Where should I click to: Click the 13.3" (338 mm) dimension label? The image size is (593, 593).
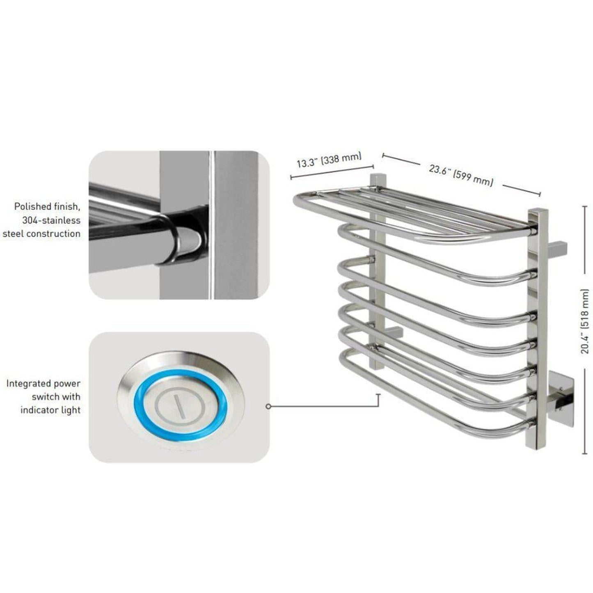[x=329, y=159]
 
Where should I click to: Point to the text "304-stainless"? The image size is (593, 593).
[x=51, y=220]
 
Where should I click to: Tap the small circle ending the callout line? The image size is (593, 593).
[x=268, y=407]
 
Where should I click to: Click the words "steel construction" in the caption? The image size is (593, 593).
[x=42, y=234]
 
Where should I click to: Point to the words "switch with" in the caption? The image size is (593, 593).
[x=56, y=397]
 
